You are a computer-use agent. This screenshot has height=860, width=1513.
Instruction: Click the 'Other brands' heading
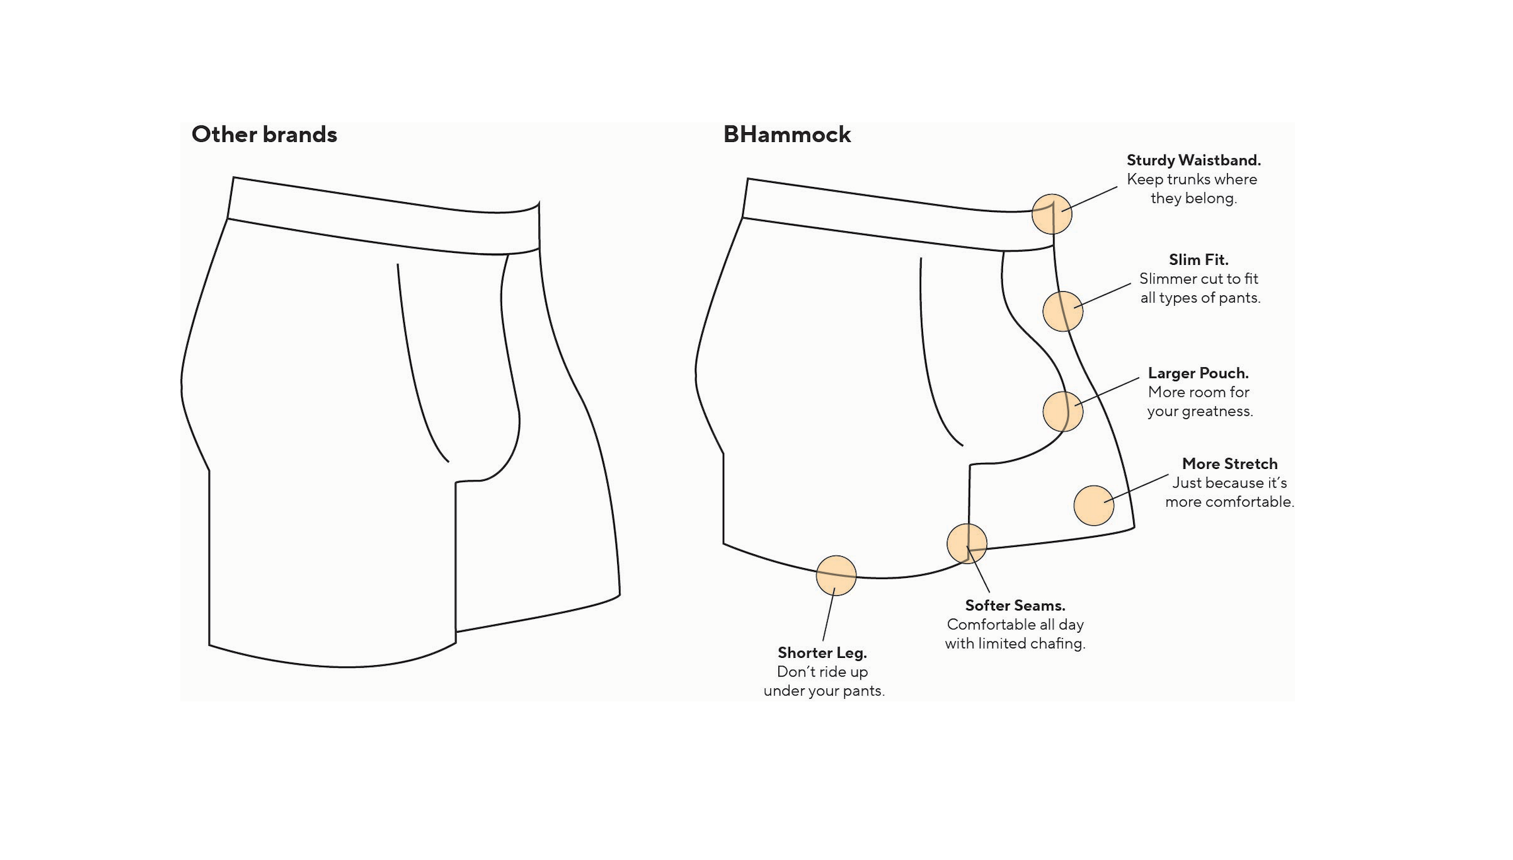click(x=264, y=135)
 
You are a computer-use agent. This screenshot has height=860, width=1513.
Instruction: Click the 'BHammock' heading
click(x=787, y=135)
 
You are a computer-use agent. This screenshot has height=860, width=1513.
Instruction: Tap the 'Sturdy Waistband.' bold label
click(x=1193, y=161)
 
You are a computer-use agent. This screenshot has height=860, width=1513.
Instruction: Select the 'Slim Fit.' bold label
click(x=1199, y=260)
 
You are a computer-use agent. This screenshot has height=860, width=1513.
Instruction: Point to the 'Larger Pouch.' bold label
click(x=1198, y=373)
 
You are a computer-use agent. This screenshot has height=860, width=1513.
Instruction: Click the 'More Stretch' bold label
click(x=1229, y=464)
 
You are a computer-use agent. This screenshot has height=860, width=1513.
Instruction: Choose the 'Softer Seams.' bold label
click(x=1015, y=606)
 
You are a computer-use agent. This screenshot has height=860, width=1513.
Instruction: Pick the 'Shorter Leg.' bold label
click(x=822, y=653)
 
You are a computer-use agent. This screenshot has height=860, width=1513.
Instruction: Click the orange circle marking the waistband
click(x=1051, y=214)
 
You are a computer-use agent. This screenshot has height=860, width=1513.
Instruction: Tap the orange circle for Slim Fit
click(x=1062, y=311)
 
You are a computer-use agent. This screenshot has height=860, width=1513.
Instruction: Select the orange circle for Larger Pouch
click(x=1062, y=412)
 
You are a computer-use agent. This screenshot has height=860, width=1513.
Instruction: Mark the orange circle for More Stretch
click(x=1093, y=506)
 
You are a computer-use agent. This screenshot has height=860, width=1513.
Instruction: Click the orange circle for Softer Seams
click(x=967, y=544)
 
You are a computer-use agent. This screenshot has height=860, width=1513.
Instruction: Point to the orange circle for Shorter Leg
click(x=836, y=575)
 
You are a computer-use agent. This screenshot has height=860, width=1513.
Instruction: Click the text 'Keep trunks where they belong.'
click(x=1193, y=189)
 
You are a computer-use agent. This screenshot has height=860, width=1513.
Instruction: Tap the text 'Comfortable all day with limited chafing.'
click(x=1015, y=634)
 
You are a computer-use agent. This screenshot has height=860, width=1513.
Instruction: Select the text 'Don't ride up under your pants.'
click(x=823, y=682)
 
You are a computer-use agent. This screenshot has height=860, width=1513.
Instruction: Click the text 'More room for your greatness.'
click(x=1199, y=402)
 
